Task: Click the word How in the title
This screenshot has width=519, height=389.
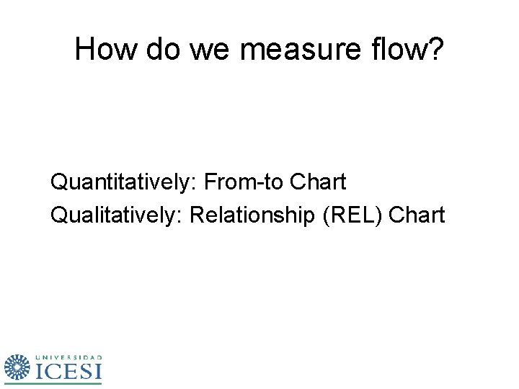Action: tap(106, 50)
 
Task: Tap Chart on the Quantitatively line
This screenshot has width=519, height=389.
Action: tap(318, 182)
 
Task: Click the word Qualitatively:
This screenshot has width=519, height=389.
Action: tap(116, 215)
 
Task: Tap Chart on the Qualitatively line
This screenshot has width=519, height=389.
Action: tap(417, 215)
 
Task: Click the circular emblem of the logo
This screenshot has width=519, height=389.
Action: tap(17, 368)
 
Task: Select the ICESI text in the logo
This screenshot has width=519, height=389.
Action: tap(68, 371)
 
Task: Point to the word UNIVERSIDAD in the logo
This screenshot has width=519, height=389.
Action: tap(68, 357)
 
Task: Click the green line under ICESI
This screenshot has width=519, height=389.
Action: tap(68, 383)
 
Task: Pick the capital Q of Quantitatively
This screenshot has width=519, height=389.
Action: tap(57, 182)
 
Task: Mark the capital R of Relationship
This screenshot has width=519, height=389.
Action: tap(196, 215)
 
